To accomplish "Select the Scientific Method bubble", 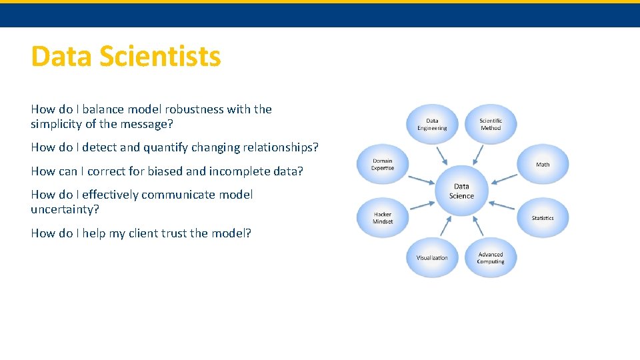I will coord(490,125).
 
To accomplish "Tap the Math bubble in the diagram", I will coord(543,165).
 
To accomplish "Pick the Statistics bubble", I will coord(543,218).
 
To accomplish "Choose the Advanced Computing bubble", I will coord(490,258).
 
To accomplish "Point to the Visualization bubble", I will coord(432,258).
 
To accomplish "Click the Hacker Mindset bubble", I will coord(383,218).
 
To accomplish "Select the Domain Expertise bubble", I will coord(383,165).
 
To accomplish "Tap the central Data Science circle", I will coord(461,191).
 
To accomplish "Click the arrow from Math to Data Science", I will coord(505,179).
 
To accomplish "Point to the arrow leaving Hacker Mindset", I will coord(420,205).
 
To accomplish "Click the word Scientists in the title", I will coord(160,57).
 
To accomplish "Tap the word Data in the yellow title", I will coord(61,57).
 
